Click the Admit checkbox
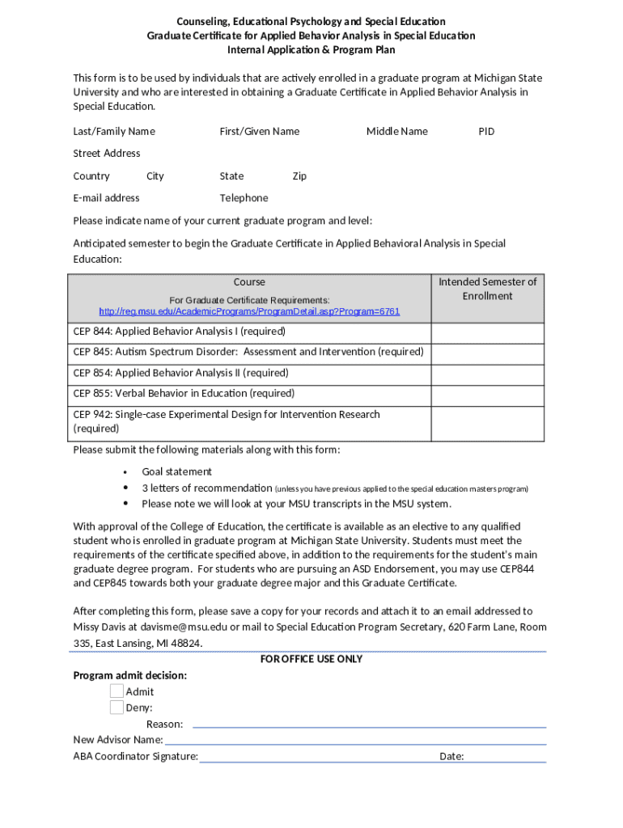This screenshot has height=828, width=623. point(117,691)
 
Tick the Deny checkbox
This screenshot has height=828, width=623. point(117,708)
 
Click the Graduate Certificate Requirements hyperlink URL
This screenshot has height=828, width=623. point(249,311)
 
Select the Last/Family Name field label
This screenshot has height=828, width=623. point(114,131)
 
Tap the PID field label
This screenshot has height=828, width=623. point(485,131)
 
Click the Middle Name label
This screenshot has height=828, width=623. point(396,131)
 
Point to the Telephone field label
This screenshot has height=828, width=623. point(244,198)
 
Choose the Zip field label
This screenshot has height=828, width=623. point(299,176)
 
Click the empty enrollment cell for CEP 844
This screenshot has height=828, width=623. point(487,332)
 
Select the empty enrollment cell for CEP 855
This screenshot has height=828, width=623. point(487,394)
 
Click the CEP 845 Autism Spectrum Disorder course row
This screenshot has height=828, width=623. point(248,353)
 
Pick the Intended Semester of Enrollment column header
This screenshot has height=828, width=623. point(487,289)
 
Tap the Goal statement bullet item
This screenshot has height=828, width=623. point(176,471)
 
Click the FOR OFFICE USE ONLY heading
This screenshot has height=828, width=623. point(311,659)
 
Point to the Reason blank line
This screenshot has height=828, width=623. point(369,724)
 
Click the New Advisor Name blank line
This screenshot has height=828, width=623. point(356,741)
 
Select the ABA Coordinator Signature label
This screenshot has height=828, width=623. point(135,757)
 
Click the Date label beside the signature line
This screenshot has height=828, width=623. point(451,757)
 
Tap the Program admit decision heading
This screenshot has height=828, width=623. point(129,675)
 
